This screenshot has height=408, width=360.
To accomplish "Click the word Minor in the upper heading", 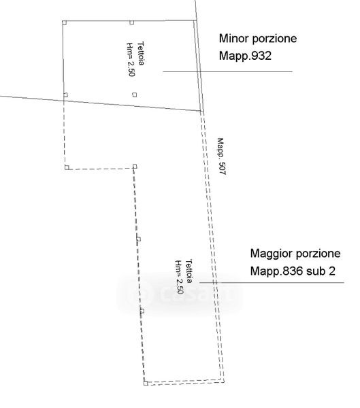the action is (233, 38).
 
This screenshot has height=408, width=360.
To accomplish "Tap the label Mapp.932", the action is (245, 56).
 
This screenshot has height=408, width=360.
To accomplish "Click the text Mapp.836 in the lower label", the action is (277, 271).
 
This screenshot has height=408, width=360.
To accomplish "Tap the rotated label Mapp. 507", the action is (221, 156).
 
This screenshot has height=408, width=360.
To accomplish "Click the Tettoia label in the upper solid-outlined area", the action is (141, 53).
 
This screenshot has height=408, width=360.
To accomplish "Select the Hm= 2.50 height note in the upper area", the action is (131, 59).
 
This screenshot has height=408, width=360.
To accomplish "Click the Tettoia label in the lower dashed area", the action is (189, 271).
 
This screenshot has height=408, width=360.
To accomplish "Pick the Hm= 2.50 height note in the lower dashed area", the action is (179, 277).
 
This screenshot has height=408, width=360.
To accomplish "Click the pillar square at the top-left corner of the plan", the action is (65, 22).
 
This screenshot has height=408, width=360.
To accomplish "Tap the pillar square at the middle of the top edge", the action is (132, 22).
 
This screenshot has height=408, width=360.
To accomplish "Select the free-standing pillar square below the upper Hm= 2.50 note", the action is (135, 95).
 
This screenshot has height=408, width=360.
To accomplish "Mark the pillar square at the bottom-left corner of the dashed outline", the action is (67, 167).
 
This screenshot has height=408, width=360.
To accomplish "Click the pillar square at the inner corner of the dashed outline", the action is (135, 167).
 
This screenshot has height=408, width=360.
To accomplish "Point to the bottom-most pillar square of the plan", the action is (146, 383).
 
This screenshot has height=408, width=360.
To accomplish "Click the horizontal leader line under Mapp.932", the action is (228, 71).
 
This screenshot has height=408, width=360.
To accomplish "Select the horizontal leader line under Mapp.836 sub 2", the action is (272, 282).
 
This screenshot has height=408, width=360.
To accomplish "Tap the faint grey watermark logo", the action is (180, 294).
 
